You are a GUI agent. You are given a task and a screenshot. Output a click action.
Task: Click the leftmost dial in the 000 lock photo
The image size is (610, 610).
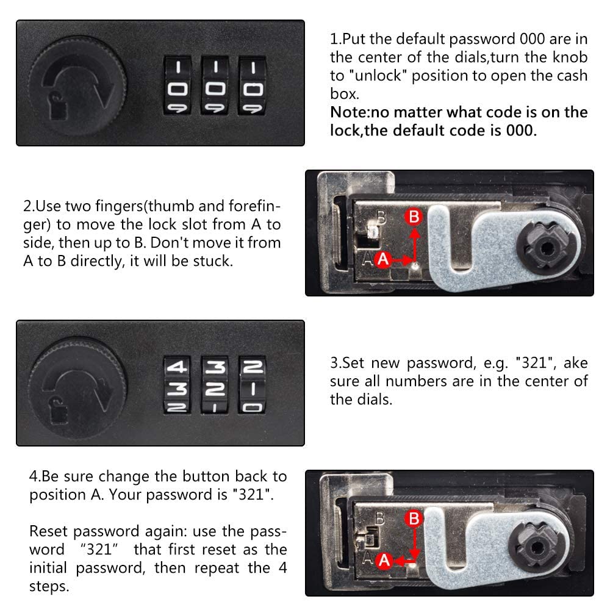pos(178,85)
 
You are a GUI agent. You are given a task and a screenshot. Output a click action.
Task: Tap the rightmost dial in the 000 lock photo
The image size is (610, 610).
pos(253,85)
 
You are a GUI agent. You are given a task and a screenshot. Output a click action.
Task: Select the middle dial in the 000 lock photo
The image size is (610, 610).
pos(215,85)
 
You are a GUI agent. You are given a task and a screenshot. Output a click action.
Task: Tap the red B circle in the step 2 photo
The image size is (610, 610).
pos(414,217)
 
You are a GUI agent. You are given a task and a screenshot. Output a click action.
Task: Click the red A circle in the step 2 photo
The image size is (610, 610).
pos(383,259)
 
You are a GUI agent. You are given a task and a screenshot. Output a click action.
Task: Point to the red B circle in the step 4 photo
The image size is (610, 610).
pos(414,518)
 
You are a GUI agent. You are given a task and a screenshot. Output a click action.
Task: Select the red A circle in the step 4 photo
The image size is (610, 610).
pos(384,561)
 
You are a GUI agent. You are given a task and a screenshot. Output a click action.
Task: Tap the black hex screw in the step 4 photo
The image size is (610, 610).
pos(537,548)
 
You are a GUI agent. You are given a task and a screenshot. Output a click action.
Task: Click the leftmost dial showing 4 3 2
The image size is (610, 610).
pos(178,385)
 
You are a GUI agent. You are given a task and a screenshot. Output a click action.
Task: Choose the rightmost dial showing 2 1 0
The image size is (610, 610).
pos(253,385)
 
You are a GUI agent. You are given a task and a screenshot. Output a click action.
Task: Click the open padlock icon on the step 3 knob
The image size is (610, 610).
pos(58,410)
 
